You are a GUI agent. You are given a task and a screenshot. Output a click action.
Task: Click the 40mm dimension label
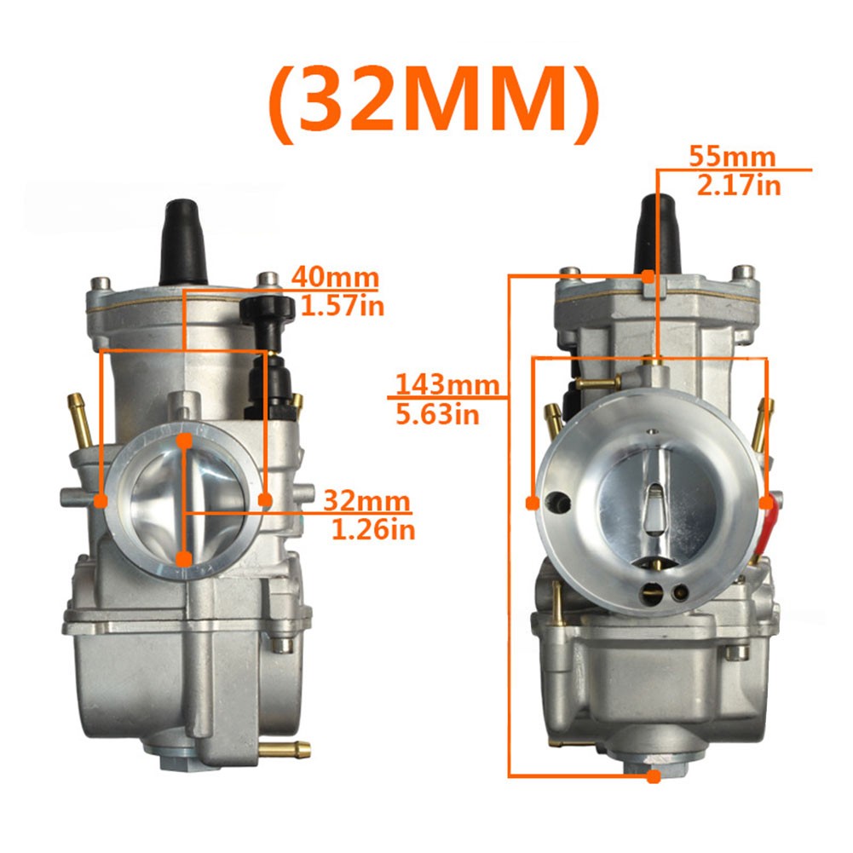[334, 279]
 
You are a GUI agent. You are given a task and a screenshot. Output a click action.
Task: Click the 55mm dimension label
[734, 157]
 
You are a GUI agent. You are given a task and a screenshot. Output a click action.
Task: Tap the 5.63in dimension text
[439, 414]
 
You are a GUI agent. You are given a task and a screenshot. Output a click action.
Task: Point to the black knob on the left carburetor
[267, 308]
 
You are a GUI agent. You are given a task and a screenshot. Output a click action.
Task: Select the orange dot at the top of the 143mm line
[648, 276]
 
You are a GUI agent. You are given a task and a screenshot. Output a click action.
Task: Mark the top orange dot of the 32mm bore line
[185, 441]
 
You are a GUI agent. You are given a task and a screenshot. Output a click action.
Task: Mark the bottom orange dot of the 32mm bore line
[184, 559]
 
